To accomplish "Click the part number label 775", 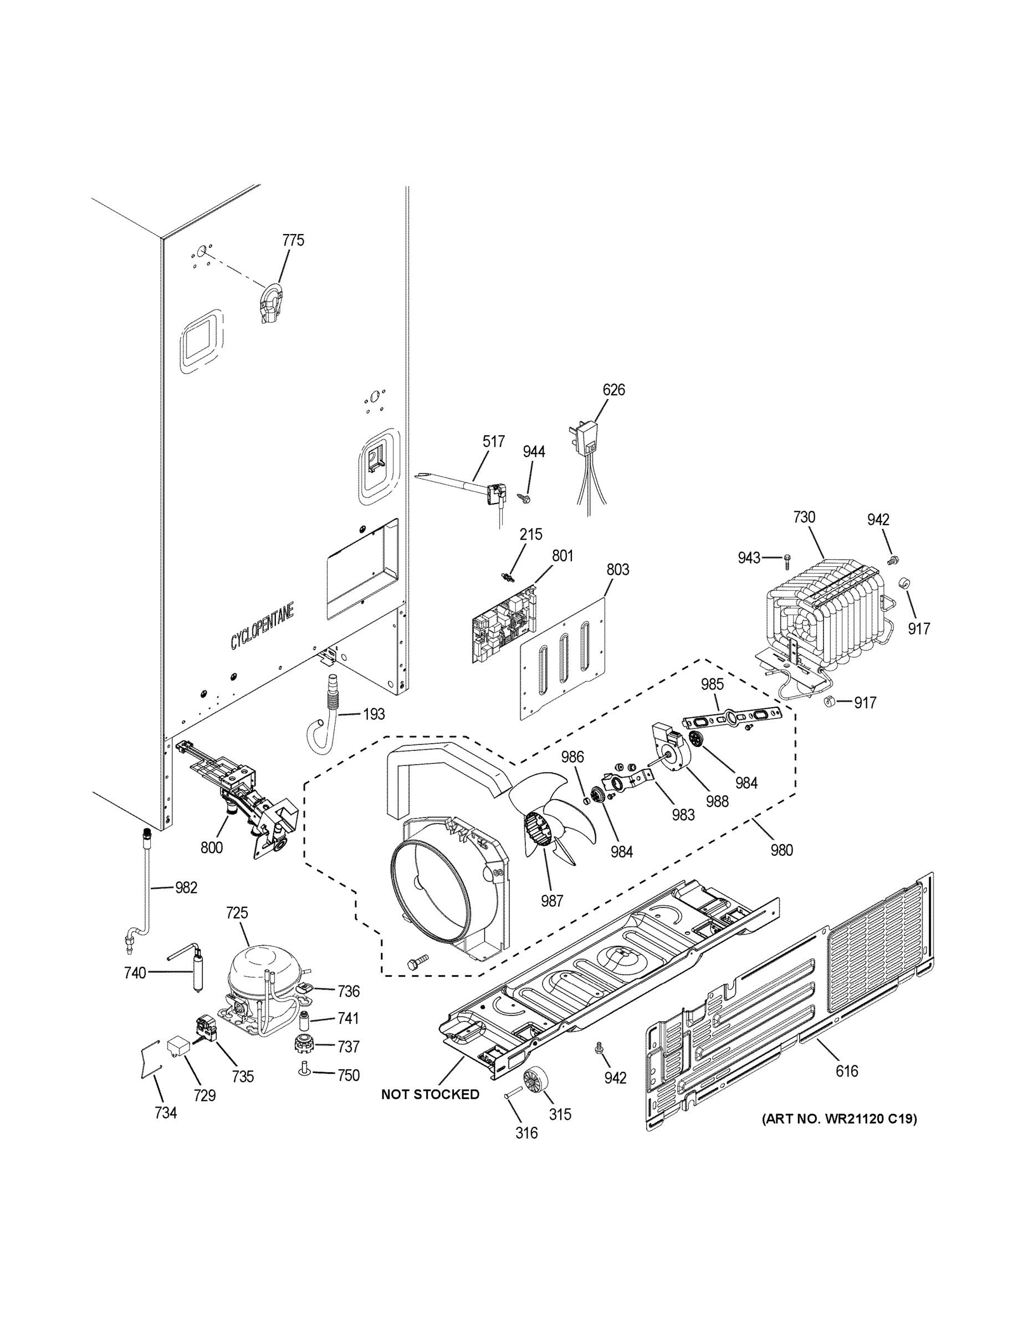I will click(x=293, y=240).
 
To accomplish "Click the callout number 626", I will click(x=613, y=389).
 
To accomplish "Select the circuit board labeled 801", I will click(x=505, y=622).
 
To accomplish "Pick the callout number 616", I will click(x=847, y=1071).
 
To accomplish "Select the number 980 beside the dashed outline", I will click(x=781, y=850).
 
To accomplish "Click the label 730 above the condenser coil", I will click(x=804, y=517).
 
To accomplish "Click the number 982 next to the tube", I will click(x=186, y=888).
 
